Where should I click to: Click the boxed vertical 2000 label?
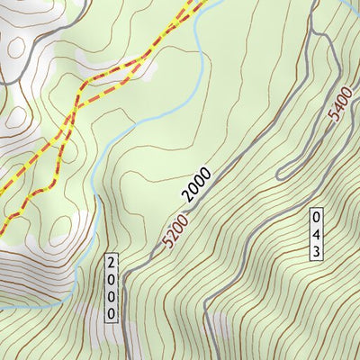tap(111, 288)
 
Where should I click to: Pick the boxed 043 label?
tap(316, 233)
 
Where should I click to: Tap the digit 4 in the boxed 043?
tap(316, 233)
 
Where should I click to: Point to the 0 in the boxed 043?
tap(316, 217)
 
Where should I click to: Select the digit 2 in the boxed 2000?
tap(111, 264)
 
